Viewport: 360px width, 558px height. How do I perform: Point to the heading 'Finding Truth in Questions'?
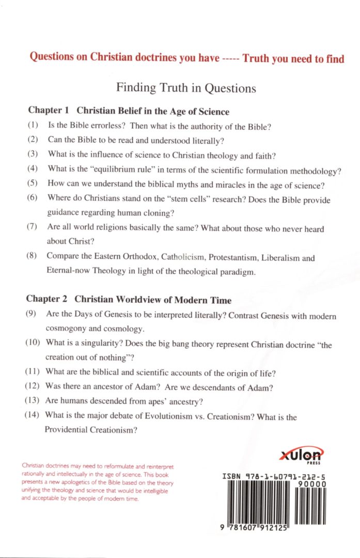[x=186, y=88]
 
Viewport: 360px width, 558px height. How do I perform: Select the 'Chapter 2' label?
[x=46, y=300]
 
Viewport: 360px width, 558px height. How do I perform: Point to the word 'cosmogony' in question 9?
[x=66, y=329]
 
